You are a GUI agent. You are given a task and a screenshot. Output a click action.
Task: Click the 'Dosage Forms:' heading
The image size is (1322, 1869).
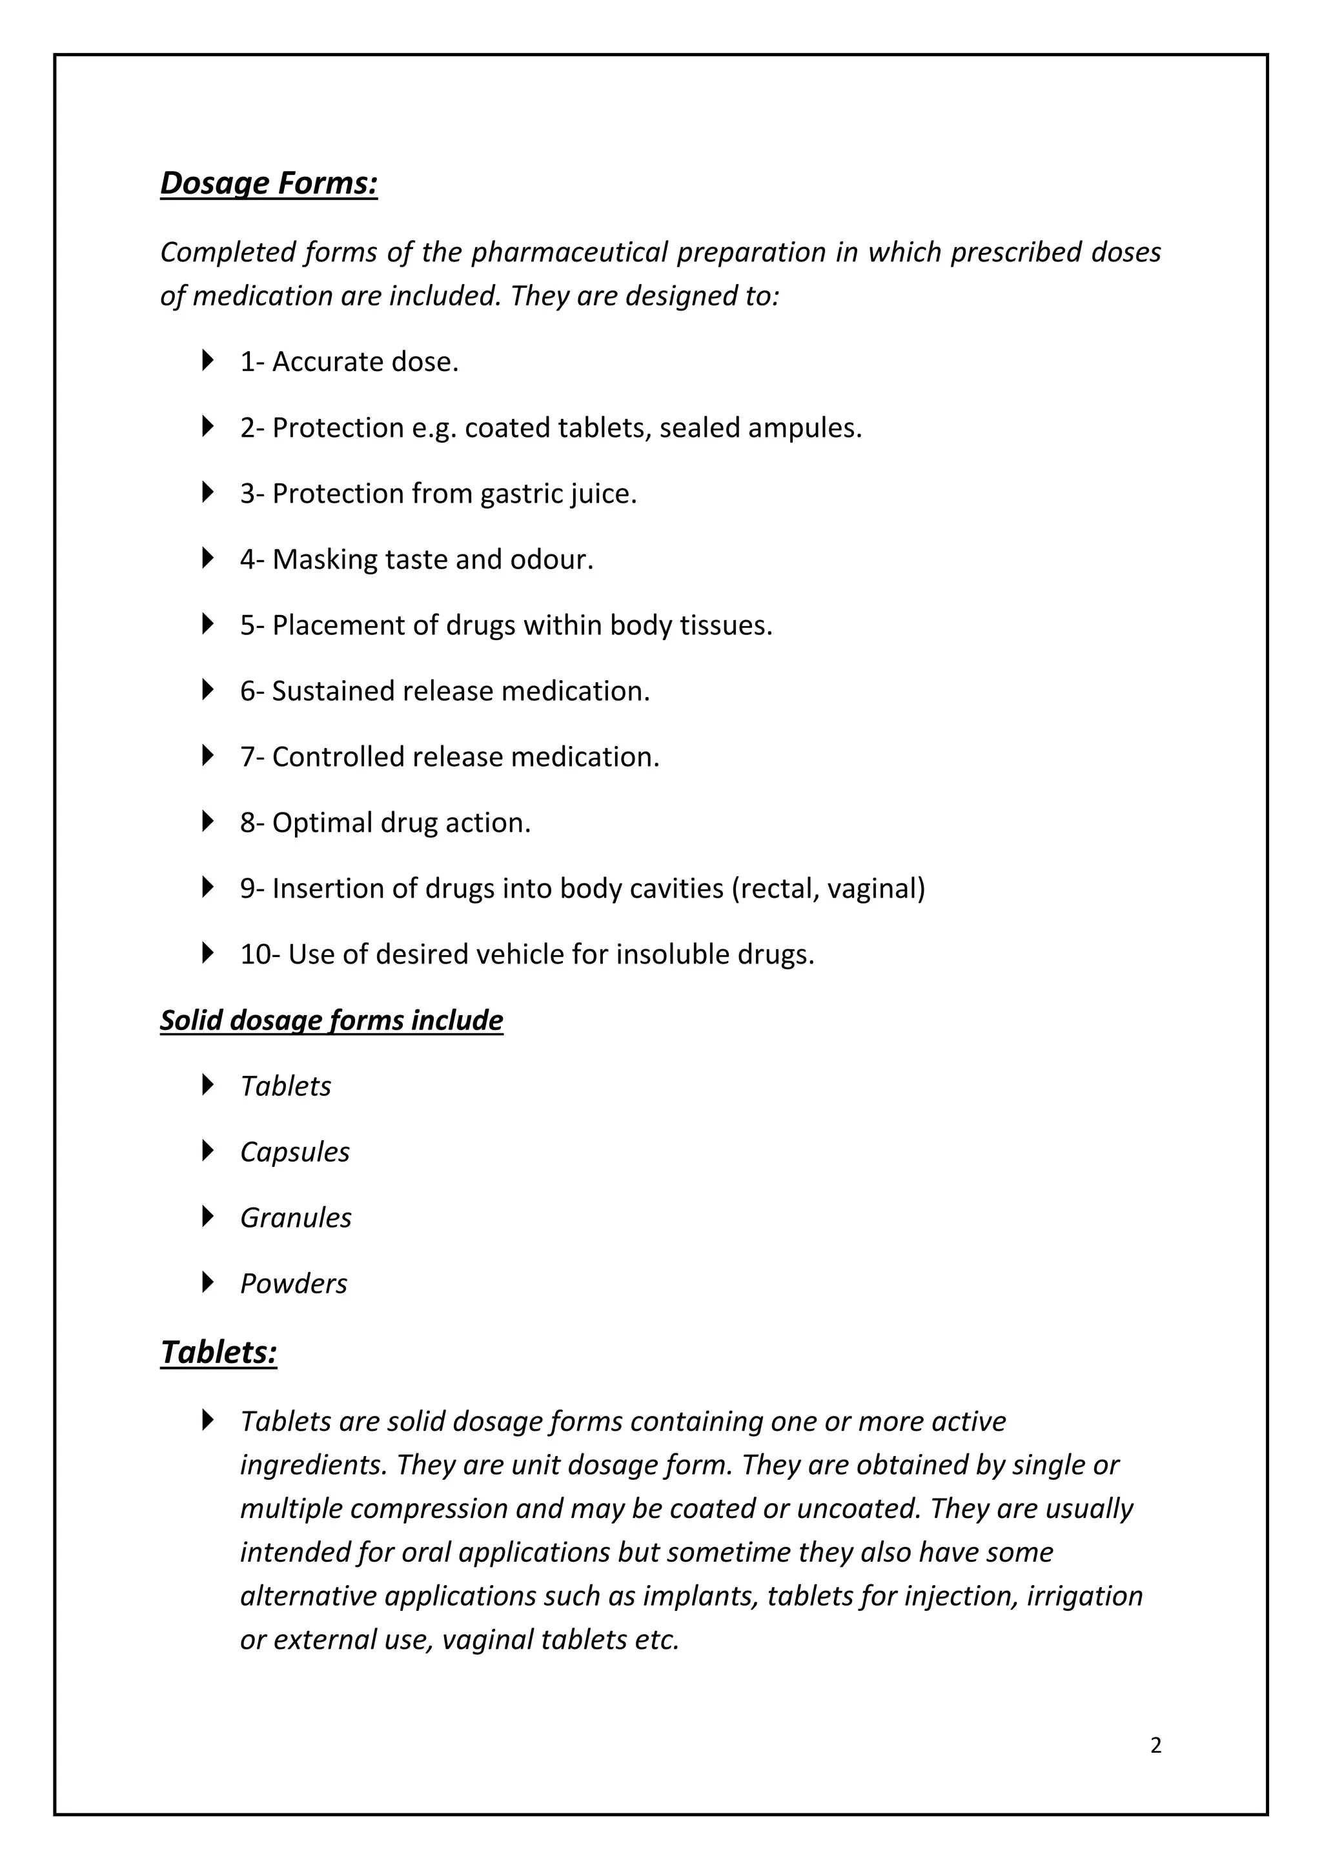coord(269,183)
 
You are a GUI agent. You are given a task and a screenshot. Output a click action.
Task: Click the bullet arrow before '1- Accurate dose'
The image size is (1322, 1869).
coord(208,360)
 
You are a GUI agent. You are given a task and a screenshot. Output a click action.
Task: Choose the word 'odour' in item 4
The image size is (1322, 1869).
coord(549,560)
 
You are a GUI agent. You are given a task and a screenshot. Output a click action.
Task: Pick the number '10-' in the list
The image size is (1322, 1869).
coord(261,954)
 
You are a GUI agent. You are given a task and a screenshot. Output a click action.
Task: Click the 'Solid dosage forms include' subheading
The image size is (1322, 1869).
coord(331,1020)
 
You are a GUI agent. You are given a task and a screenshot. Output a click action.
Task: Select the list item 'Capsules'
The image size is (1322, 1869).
coord(295,1152)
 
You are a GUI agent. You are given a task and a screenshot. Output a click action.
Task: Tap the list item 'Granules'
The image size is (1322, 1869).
coord(296,1218)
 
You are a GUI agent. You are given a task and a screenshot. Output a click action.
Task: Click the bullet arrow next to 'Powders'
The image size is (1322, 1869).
coord(208,1282)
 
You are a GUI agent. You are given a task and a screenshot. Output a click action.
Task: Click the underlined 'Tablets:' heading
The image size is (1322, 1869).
coord(219,1352)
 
